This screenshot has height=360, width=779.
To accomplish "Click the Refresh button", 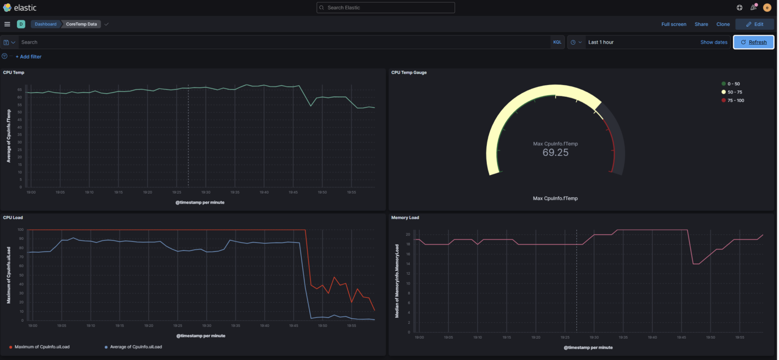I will coord(754,42).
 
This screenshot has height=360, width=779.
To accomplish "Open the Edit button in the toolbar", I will coord(754,24).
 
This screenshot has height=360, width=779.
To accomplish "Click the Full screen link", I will coord(673,24).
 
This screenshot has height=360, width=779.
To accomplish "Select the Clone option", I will coord(722,24).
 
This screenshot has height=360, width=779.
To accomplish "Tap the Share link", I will coord(701,24).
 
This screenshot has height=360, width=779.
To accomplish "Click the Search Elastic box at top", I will coord(386,7).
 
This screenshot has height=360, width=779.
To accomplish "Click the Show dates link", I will coord(713,42).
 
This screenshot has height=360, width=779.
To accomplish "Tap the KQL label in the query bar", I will coord(557,42).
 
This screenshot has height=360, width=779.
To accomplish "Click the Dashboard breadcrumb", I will coord(45,24).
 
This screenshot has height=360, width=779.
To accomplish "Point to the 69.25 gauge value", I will coord(555,152).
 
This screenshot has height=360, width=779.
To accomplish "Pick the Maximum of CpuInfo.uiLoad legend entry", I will coord(42,347).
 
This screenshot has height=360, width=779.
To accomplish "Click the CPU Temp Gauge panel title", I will coord(408,72).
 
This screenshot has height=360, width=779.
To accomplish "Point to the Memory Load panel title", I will coord(405,217).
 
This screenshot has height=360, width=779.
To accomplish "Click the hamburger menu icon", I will coord(7,24).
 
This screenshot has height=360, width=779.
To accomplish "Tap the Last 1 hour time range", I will coord(601,42).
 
